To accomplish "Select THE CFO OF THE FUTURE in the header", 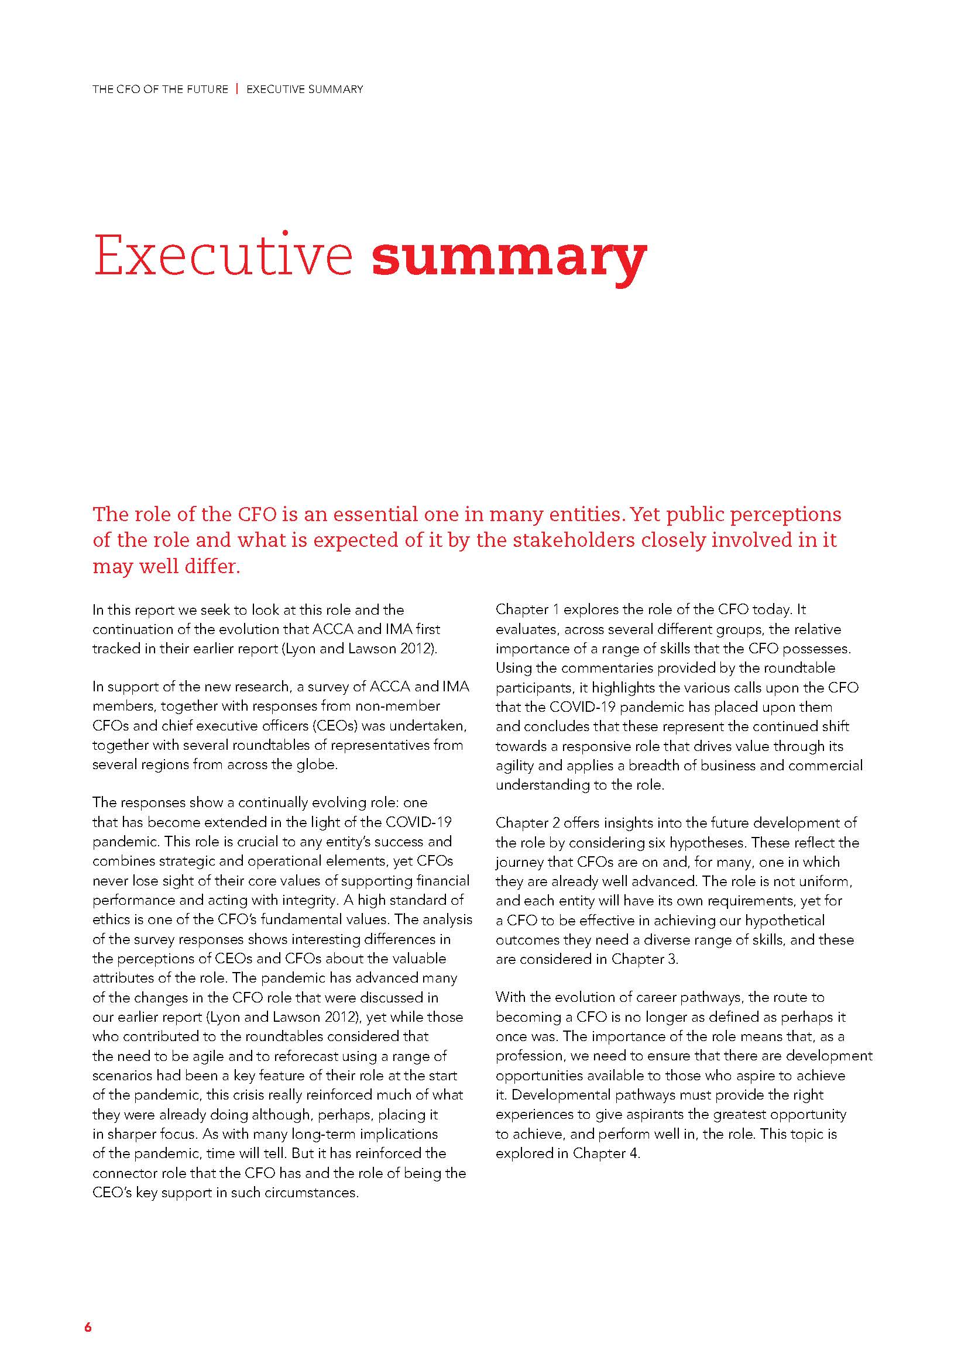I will [x=160, y=89].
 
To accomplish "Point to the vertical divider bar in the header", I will [x=237, y=89].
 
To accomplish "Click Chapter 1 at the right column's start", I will [x=527, y=609].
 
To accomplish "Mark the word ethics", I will [x=109, y=919].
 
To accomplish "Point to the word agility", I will [x=516, y=765].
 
